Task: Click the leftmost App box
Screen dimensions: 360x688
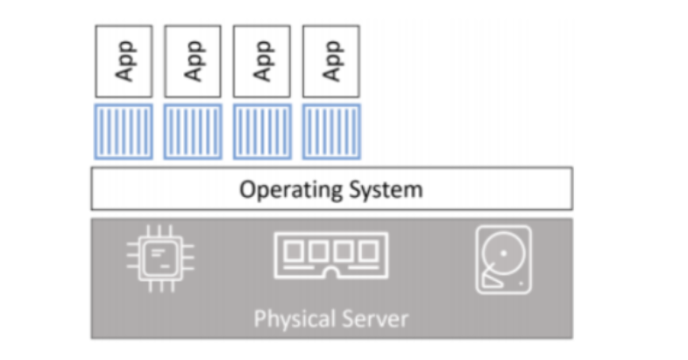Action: click(124, 60)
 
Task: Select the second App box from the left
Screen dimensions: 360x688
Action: click(193, 60)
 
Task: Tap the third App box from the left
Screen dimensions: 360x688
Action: click(261, 60)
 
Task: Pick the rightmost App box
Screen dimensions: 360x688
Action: click(330, 60)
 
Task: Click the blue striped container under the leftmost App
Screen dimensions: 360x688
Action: click(124, 131)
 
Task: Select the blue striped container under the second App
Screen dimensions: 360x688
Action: click(193, 131)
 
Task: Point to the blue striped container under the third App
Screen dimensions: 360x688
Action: click(261, 131)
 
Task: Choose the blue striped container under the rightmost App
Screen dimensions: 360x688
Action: click(330, 131)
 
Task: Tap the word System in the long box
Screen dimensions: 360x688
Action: click(382, 189)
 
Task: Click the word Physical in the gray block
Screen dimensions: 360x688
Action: click(292, 317)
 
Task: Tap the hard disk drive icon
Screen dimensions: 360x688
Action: click(502, 258)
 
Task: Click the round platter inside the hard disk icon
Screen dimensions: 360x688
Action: click(502, 253)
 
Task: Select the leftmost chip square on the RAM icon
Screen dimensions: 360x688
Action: click(294, 251)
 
